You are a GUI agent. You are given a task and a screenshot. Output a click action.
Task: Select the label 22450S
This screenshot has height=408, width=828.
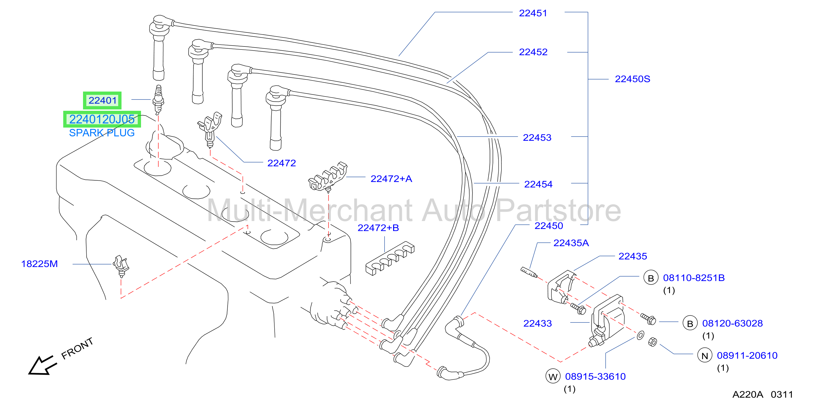coord(632,79)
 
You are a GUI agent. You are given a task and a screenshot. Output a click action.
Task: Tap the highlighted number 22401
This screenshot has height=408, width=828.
coord(103,100)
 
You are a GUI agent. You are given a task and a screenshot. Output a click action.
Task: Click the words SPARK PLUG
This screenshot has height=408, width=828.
coord(102,133)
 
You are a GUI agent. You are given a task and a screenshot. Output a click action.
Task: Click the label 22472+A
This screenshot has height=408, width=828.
coord(391,179)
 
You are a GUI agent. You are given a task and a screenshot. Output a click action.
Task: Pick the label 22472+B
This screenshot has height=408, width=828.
coord(378,228)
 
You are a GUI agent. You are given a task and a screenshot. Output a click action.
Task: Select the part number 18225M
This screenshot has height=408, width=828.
coord(40,264)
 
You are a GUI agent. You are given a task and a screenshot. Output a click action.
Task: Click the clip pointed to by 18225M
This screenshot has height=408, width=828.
coord(121,266)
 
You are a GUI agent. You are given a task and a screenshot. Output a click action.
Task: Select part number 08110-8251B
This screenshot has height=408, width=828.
coord(694,278)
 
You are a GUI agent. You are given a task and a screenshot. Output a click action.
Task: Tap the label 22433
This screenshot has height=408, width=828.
coord(537,323)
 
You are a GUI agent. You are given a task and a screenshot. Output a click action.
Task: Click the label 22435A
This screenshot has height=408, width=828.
coord(571,243)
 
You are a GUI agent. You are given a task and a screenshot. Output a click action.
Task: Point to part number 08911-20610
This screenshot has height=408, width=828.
coord(747,355)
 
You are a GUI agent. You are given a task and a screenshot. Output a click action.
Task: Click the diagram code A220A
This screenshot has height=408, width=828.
coord(748,395)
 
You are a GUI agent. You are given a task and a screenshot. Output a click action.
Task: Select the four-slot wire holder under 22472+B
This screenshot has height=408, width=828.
coord(390,258)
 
